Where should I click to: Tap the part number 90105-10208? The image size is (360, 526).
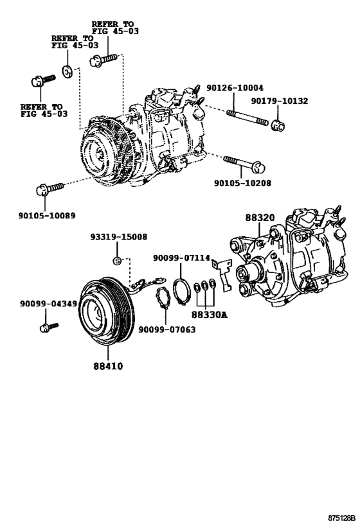pyautogui.click(x=242, y=183)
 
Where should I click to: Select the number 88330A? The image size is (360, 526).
pyautogui.click(x=210, y=315)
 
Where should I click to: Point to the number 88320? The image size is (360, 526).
pyautogui.click(x=260, y=218)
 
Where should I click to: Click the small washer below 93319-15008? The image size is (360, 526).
pyautogui.click(x=117, y=259)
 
